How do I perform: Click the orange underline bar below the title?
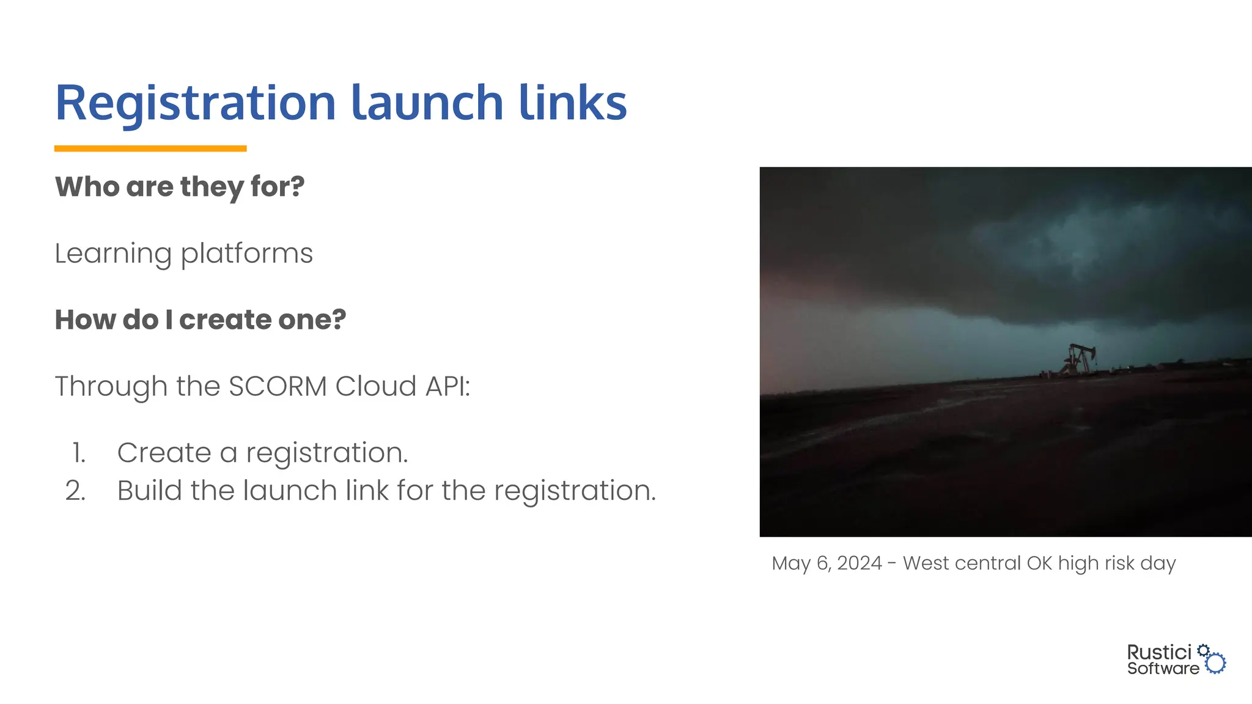point(150,148)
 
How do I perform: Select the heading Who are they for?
point(180,186)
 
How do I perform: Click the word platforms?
point(246,254)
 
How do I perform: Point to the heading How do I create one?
point(201,320)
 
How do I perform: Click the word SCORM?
point(278,386)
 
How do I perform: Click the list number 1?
point(78,453)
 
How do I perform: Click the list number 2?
point(76,491)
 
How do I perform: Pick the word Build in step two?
point(149,491)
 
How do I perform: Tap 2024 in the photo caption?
point(859,563)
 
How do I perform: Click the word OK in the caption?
point(1039,563)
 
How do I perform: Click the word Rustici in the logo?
point(1159,652)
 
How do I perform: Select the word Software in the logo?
point(1163,669)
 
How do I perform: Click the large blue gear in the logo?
point(1215,663)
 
